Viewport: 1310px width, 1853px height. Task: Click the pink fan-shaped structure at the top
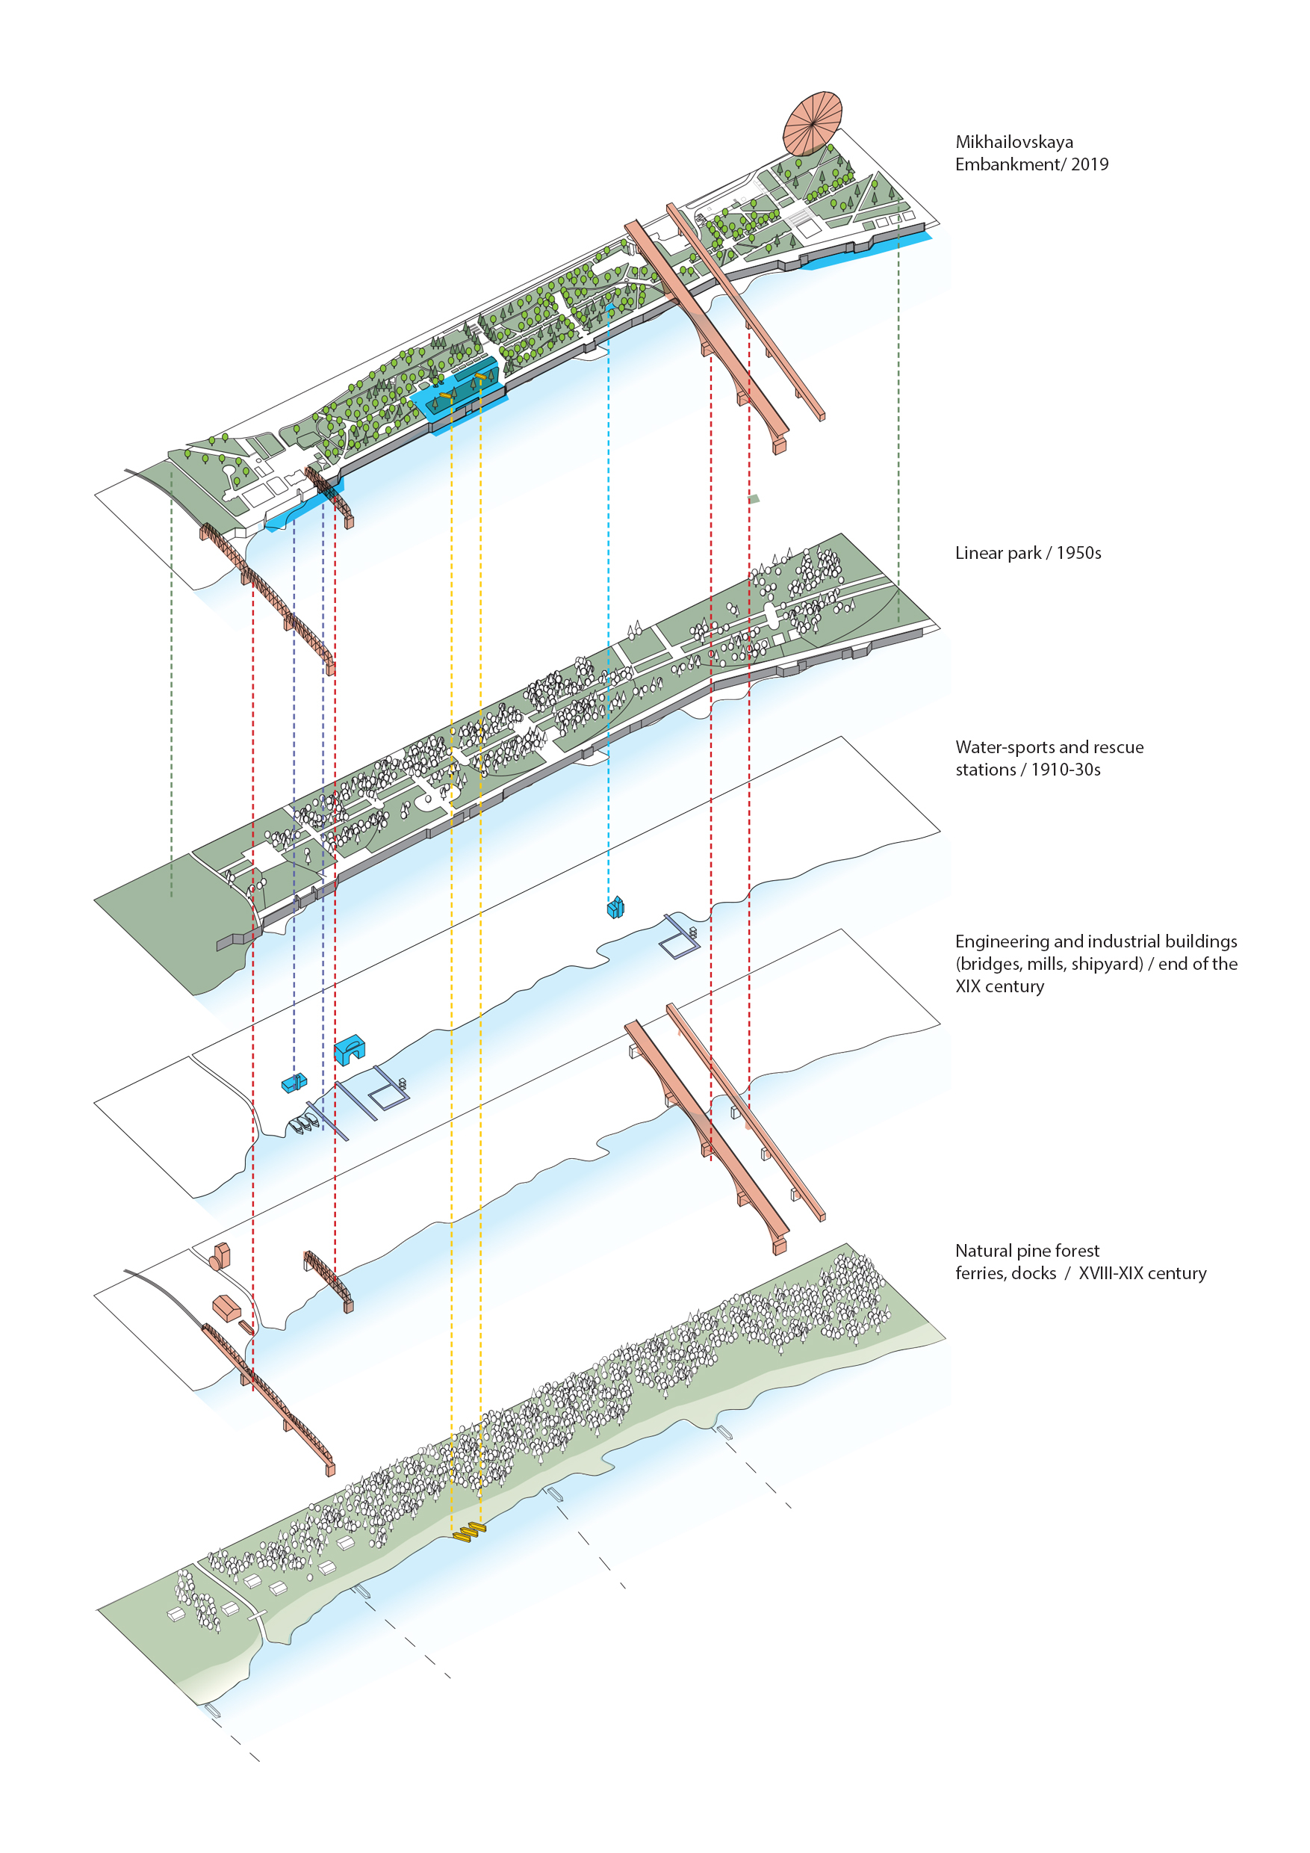(x=813, y=123)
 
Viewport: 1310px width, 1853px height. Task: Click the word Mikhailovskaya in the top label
(x=1014, y=142)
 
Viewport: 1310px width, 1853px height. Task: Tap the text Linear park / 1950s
(x=1028, y=553)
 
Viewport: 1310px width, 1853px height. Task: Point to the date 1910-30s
(x=1066, y=770)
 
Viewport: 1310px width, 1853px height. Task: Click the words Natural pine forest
(x=1027, y=1251)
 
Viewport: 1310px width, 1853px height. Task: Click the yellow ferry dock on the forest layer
(x=469, y=1531)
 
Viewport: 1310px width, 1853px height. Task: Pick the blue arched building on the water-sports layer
(x=350, y=1049)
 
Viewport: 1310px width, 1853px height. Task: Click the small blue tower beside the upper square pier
(x=615, y=907)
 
